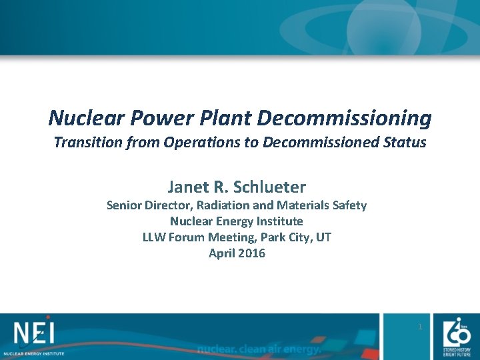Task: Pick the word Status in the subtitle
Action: click(404, 142)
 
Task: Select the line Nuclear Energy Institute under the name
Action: click(237, 221)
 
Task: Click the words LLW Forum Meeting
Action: click(191, 237)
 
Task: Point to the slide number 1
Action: click(420, 327)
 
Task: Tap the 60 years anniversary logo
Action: click(458, 333)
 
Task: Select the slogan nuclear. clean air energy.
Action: click(259, 349)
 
